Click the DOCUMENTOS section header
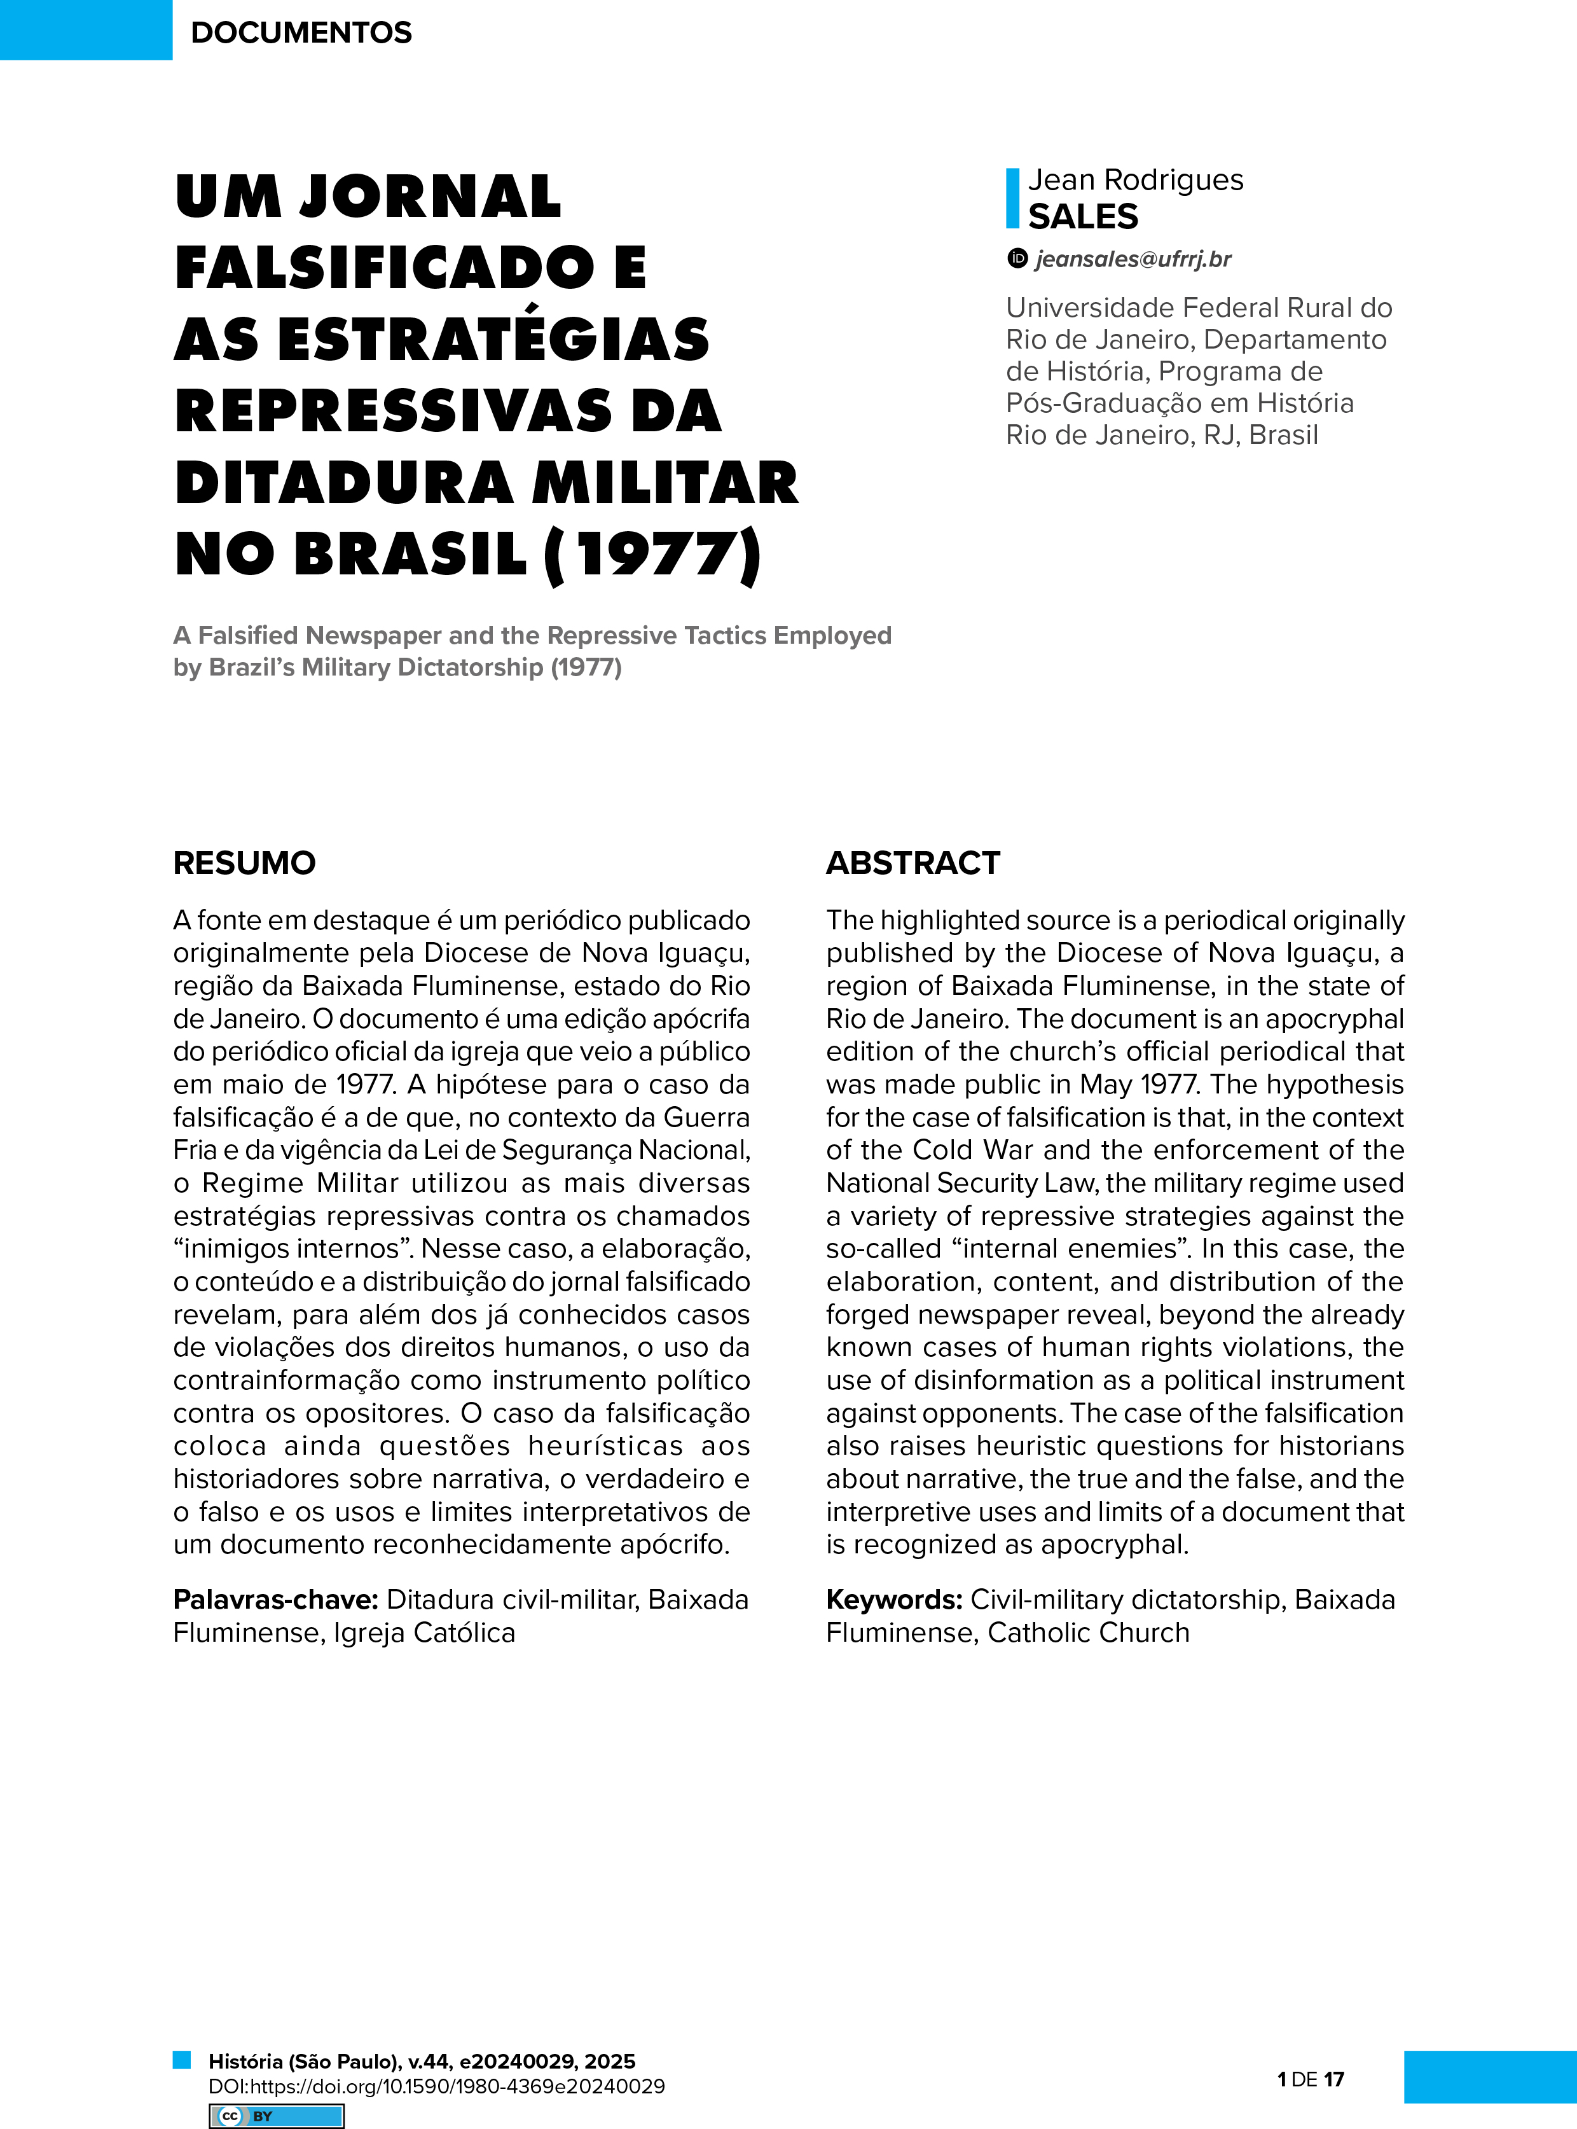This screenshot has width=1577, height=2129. pyautogui.click(x=301, y=32)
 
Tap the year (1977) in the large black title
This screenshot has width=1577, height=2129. pyautogui.click(x=653, y=554)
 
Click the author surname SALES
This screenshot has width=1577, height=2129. pyautogui.click(x=1082, y=217)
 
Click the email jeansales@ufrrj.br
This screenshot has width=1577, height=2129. pyautogui.click(x=1133, y=259)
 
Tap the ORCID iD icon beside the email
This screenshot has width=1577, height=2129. pyautogui.click(x=1017, y=258)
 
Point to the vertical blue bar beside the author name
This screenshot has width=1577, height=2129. pyautogui.click(x=1012, y=198)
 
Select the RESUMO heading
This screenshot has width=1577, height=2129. pyautogui.click(x=244, y=863)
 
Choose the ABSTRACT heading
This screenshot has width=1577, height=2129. pyautogui.click(x=912, y=863)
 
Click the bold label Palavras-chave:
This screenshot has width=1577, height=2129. pyautogui.click(x=276, y=1599)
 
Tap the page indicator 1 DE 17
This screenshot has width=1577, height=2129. pyautogui.click(x=1310, y=2078)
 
